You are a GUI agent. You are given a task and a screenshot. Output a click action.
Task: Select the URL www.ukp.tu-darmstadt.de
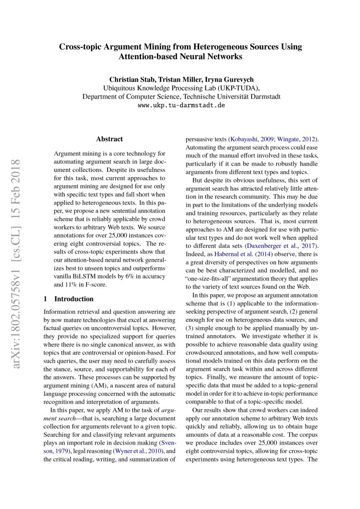pyautogui.click(x=181, y=105)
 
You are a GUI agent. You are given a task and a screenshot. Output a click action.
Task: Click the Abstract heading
pyautogui.click(x=109, y=139)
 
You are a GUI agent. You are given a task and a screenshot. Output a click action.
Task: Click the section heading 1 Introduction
pyautogui.click(x=69, y=299)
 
